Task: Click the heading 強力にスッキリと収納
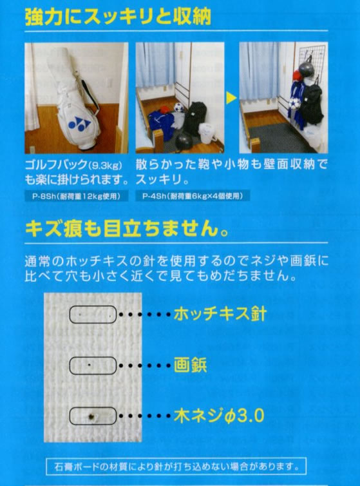(x=118, y=17)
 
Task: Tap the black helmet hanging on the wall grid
(x=305, y=70)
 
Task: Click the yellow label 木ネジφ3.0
(x=219, y=416)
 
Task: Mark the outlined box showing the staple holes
(x=93, y=315)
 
